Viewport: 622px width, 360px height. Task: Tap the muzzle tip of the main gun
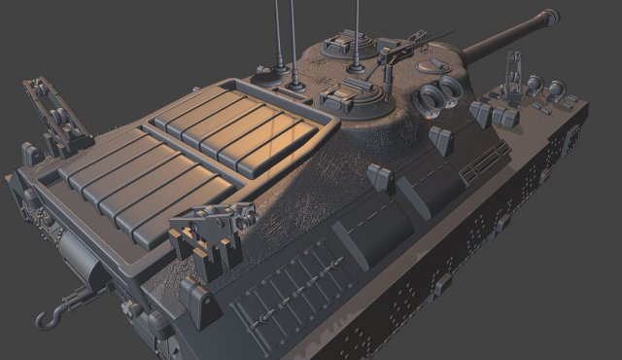[553, 15]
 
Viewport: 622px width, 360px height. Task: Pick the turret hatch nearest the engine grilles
[349, 96]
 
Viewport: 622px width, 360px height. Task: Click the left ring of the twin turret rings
[428, 97]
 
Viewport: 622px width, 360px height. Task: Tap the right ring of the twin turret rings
[451, 90]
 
